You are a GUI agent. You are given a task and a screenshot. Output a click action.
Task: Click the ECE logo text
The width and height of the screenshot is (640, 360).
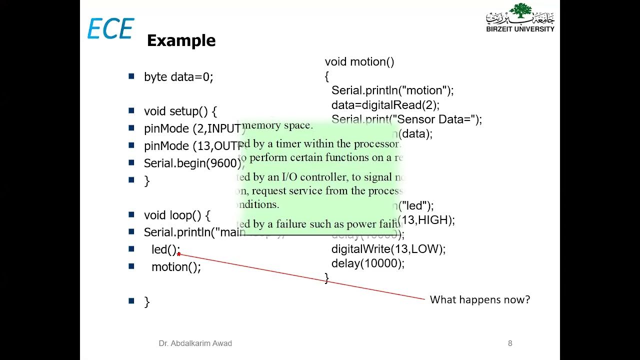coord(110,28)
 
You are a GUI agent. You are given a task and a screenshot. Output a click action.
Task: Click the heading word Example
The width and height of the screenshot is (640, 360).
coord(181,40)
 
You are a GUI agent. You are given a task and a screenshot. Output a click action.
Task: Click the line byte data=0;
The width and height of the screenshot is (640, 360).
coord(178,77)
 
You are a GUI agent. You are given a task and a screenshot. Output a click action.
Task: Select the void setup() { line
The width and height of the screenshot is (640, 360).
coord(180,111)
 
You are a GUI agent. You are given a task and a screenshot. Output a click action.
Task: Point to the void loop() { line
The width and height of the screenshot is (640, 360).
coord(177,215)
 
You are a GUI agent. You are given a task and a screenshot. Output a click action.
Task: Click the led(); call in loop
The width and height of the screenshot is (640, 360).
coord(165,249)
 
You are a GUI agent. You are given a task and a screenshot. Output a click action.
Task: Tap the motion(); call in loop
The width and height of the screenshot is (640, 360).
coord(176,267)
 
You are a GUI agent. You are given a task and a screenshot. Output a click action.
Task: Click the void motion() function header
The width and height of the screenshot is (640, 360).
coord(359,62)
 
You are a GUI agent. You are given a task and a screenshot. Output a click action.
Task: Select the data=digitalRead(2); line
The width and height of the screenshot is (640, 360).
coord(385,105)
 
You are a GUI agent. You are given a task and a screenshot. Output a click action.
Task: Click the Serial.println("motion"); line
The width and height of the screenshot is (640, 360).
coord(392,90)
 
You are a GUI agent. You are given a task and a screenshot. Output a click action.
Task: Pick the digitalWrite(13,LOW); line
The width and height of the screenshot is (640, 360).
coord(388,249)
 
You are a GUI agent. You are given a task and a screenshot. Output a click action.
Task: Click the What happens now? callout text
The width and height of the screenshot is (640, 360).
coord(479,300)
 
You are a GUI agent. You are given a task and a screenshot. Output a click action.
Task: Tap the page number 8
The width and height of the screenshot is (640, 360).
coord(510,343)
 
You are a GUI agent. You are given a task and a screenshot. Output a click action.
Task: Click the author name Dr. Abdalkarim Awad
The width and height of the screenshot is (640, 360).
coord(195,343)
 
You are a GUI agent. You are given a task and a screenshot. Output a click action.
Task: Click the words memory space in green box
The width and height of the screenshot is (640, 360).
coord(278,126)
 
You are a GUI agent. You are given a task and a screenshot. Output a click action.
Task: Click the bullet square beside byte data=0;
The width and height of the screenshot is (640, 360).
coord(131,76)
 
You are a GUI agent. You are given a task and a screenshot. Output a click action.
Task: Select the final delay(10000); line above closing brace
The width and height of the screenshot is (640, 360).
coord(367,263)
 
